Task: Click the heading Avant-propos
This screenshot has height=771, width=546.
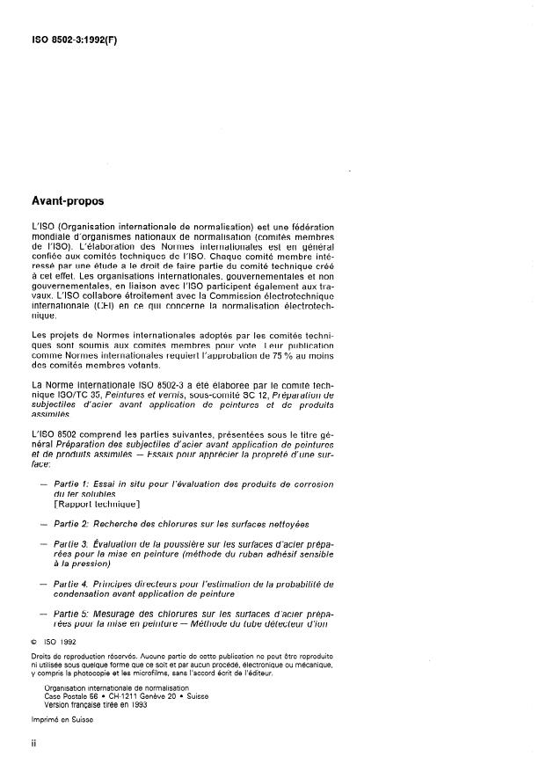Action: [67, 201]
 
